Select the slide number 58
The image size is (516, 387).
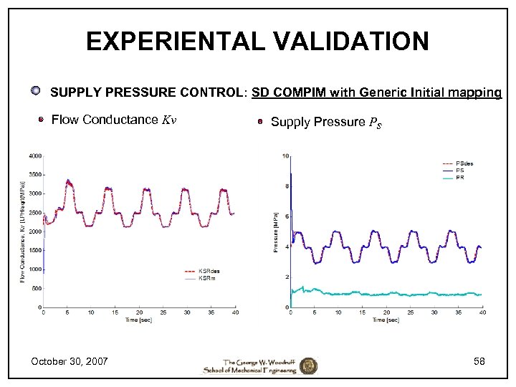(x=479, y=361)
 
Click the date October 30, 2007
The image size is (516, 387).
(x=69, y=361)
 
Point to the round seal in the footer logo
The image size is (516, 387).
(x=308, y=365)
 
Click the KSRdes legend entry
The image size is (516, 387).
(x=206, y=272)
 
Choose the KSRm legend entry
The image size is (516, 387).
(x=206, y=278)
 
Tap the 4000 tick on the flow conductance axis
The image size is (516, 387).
(x=34, y=156)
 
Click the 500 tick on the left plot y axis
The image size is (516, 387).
(x=36, y=288)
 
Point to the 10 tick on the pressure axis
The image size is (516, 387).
(x=286, y=156)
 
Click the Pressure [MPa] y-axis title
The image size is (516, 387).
(x=276, y=231)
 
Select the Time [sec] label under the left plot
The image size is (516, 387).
(x=138, y=320)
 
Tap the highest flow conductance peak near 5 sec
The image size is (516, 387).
(x=68, y=181)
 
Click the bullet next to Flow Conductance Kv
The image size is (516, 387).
(x=42, y=120)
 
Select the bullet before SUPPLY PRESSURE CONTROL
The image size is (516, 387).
(x=35, y=91)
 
